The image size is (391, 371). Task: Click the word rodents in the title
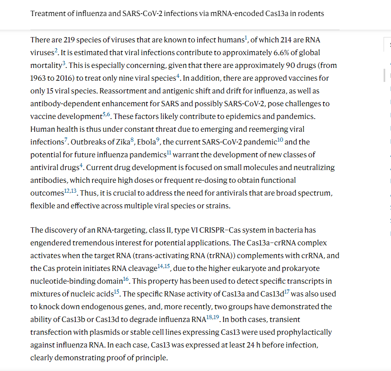point(312,14)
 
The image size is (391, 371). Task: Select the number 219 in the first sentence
point(69,40)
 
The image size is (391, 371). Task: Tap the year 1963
point(38,78)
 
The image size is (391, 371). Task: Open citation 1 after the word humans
point(246,38)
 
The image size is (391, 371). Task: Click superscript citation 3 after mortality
point(64,64)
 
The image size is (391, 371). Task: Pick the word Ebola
point(146,142)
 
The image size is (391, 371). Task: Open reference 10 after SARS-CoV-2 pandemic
point(280,140)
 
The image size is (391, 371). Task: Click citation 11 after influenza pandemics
point(169,153)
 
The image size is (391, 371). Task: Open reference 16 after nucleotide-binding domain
point(126,279)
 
